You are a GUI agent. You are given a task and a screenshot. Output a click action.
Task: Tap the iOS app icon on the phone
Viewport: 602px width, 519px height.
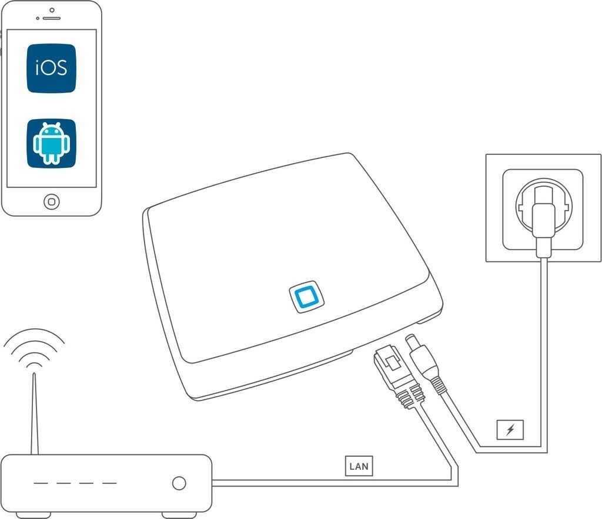click(x=52, y=68)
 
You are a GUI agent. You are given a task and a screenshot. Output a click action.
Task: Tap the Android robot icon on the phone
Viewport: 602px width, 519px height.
click(x=52, y=143)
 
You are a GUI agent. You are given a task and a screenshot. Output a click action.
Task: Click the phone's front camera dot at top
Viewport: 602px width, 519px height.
click(x=52, y=10)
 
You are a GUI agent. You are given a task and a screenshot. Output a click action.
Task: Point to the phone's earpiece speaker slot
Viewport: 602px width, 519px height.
click(x=52, y=18)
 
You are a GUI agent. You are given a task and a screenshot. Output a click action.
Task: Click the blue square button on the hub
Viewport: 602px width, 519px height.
click(x=306, y=296)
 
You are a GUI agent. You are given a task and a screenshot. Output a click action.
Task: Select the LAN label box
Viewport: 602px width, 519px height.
click(x=359, y=466)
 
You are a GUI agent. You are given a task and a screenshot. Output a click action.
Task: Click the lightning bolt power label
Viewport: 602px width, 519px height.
click(x=510, y=430)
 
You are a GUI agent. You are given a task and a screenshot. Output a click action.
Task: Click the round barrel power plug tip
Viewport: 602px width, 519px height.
click(x=413, y=341)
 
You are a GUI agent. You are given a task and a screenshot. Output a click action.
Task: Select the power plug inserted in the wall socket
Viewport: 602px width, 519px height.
click(x=543, y=226)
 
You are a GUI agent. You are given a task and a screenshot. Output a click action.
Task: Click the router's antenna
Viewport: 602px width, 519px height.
click(x=35, y=414)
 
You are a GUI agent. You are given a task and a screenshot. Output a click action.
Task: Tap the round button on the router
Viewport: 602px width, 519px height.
click(x=179, y=483)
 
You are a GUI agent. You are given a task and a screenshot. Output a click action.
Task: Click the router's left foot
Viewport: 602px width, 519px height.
click(x=33, y=515)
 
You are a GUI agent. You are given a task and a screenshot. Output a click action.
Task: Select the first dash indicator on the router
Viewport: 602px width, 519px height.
click(x=41, y=483)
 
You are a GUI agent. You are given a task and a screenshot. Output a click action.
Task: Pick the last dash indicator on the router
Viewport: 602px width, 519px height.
click(x=109, y=483)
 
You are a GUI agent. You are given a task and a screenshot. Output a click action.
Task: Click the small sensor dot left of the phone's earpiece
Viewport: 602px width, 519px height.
click(x=38, y=18)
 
